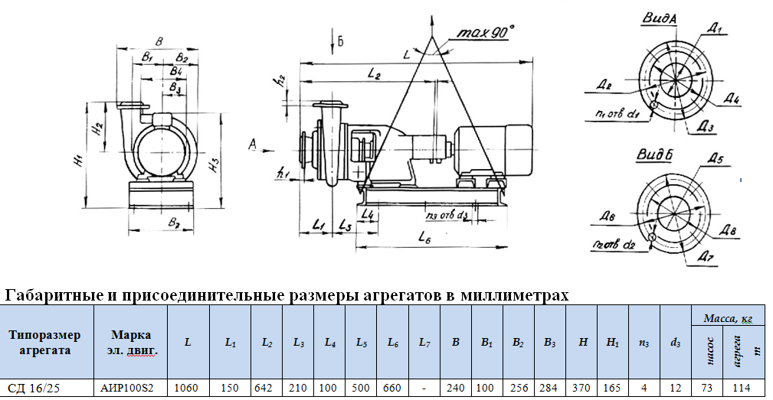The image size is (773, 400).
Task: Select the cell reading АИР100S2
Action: coord(128,389)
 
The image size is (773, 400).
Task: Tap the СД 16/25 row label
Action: coord(34,389)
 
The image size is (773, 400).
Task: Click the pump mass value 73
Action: coord(708,389)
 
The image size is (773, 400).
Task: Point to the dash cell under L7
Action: coord(424,389)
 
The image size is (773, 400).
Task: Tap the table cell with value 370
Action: coord(582,389)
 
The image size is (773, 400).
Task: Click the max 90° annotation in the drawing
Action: coord(485,33)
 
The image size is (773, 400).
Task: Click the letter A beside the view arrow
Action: coord(251,143)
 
